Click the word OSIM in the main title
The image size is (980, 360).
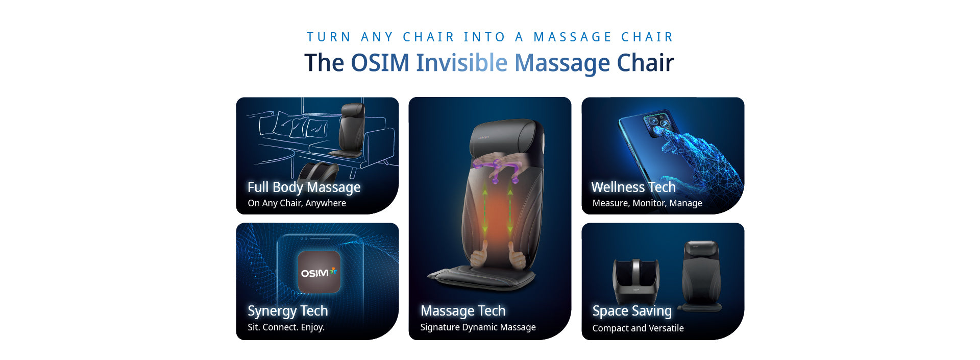[x=380, y=63]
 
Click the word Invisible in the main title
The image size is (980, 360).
[x=462, y=63]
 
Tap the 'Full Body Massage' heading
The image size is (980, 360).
[x=304, y=187]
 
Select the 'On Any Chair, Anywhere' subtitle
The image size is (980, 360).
[x=297, y=203]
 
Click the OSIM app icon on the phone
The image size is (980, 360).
[x=319, y=272]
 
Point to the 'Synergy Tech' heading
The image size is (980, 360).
[x=288, y=311]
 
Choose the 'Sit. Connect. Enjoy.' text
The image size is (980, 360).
[x=286, y=327]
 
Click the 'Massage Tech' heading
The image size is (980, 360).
[x=463, y=310]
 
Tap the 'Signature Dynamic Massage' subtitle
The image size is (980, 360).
[x=478, y=327]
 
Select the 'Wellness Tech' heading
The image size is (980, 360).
[x=633, y=187]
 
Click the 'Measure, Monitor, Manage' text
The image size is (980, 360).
[x=647, y=203]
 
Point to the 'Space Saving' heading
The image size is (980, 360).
[x=632, y=311]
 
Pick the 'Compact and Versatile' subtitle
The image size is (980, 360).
[x=638, y=328]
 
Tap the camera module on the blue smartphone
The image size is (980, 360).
[x=658, y=124]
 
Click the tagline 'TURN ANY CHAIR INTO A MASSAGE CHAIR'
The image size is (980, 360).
[x=490, y=37]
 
